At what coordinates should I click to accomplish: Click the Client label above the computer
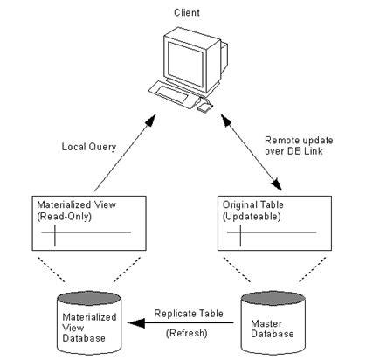click(x=187, y=12)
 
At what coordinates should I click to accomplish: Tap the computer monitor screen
click(x=185, y=64)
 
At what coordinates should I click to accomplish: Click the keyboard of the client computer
click(x=173, y=93)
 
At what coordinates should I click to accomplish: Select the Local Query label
click(x=89, y=147)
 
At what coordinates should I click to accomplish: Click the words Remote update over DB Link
click(x=299, y=146)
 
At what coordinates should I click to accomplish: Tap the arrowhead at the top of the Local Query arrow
click(x=150, y=120)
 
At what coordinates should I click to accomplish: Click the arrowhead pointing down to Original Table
click(x=276, y=184)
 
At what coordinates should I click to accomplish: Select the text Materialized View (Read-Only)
click(x=76, y=211)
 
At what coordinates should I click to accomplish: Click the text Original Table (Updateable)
click(x=252, y=211)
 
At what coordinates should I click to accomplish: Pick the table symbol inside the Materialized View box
click(x=86, y=235)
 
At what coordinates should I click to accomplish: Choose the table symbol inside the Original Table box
click(x=272, y=235)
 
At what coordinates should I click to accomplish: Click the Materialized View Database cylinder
click(x=89, y=322)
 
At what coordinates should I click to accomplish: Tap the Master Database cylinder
click(x=273, y=322)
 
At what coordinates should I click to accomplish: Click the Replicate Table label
click(x=189, y=314)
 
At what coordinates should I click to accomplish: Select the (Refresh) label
click(x=187, y=333)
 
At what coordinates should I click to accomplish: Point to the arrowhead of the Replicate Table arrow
click(x=136, y=322)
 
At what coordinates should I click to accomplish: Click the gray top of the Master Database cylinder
click(x=273, y=299)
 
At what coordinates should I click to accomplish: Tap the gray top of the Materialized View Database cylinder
click(x=89, y=299)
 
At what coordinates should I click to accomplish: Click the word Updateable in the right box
click(x=252, y=217)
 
